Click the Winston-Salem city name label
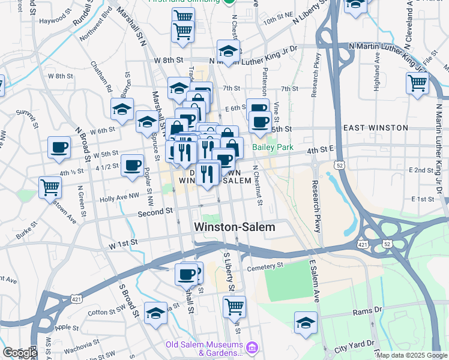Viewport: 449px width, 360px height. [235, 227]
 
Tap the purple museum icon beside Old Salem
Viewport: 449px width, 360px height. [252, 347]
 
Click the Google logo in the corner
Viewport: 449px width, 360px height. [20, 353]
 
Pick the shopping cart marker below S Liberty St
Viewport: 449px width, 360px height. [234, 306]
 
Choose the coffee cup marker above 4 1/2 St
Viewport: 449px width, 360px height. [132, 164]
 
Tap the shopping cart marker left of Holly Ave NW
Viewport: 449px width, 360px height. [50, 187]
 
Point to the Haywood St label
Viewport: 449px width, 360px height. [52, 20]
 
